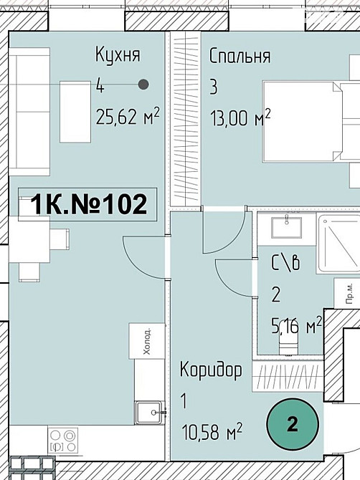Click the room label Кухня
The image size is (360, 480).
[x=117, y=55]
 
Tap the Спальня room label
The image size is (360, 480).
[x=240, y=55]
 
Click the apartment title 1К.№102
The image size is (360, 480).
[x=89, y=205]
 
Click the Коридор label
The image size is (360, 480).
[x=210, y=370]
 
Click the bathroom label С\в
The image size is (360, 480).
[x=285, y=262]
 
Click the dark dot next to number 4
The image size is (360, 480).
[x=143, y=85]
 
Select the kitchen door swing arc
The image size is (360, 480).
[x=140, y=259]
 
